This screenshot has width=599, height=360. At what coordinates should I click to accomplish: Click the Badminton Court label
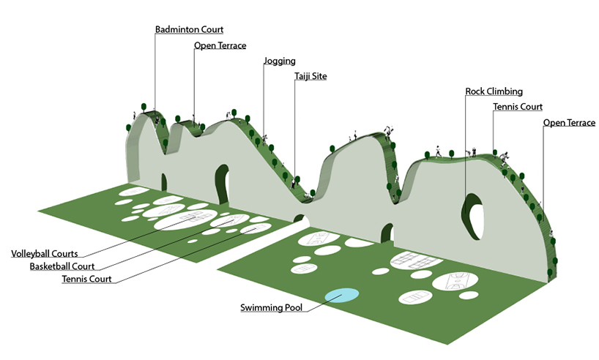[x=189, y=29]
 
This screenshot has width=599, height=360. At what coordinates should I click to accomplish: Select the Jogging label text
[x=280, y=61]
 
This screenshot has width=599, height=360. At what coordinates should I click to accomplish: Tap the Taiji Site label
[x=310, y=76]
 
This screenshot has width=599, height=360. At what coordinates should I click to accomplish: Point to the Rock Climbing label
[x=494, y=91]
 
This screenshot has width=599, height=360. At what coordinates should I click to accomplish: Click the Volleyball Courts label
[x=45, y=253]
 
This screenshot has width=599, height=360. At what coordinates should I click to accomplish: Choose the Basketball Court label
[x=62, y=266]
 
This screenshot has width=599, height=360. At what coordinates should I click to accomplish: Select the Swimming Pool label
[x=271, y=307]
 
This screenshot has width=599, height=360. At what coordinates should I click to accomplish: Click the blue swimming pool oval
[x=342, y=296]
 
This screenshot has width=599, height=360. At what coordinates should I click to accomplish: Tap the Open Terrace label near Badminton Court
[x=220, y=45]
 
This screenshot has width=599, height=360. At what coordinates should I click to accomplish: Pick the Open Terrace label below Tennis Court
[x=569, y=122]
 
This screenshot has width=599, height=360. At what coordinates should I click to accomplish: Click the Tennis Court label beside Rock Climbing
[x=518, y=107]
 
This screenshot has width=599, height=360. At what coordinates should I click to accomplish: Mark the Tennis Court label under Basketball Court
[x=86, y=279]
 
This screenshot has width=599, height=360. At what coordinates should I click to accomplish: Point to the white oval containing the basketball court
[x=455, y=281]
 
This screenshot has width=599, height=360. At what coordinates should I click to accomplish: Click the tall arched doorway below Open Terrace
[x=223, y=184]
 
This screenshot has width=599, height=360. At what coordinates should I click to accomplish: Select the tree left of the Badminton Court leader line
[x=144, y=107]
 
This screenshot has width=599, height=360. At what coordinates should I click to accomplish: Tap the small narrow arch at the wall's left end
[x=164, y=182]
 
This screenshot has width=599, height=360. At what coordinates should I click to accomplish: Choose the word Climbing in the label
[x=505, y=91]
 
